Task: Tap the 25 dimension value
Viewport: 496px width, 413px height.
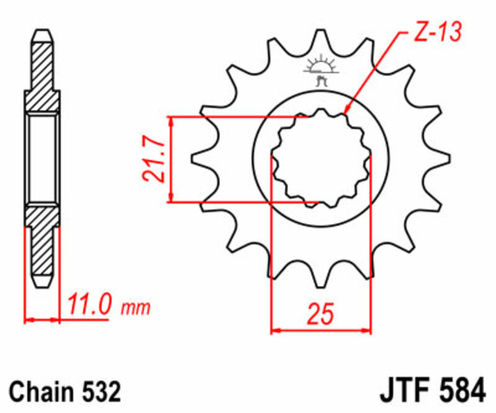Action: [320, 314]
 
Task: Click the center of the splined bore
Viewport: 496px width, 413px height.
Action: [321, 159]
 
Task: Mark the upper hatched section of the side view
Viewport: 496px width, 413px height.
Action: [42, 71]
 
